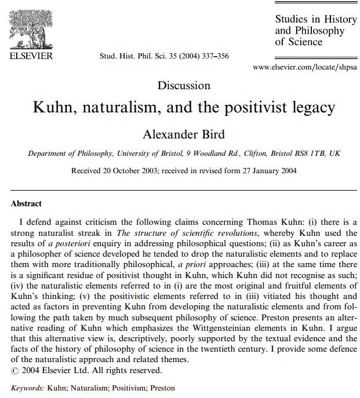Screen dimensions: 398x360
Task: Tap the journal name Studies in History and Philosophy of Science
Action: (315, 30)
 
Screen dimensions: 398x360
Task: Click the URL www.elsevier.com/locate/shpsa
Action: (305, 68)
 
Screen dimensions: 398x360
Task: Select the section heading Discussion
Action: (184, 86)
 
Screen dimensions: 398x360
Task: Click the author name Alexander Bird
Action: (184, 134)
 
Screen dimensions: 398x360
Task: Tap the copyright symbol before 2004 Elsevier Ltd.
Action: (15, 370)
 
